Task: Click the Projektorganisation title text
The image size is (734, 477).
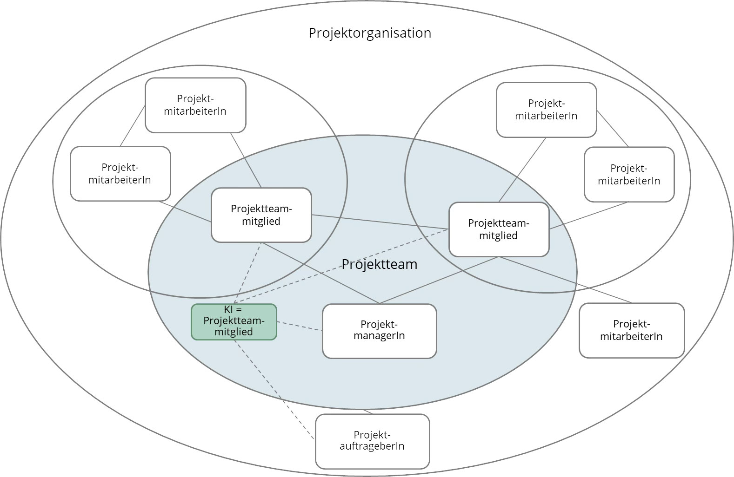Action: point(370,33)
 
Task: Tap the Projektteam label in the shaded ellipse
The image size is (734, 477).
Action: point(379,264)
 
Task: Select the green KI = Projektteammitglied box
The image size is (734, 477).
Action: point(234,322)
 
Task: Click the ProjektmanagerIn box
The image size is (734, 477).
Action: point(379,331)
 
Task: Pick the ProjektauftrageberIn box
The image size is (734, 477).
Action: point(372,441)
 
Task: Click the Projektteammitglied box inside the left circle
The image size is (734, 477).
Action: point(261,215)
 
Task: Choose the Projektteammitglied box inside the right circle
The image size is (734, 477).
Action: point(499,229)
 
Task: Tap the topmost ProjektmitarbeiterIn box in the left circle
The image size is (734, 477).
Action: point(195,105)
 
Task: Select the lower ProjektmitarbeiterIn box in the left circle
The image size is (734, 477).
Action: point(120,174)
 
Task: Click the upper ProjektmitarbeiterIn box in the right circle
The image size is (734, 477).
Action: point(546,110)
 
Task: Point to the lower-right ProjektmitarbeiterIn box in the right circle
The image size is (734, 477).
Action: point(629,175)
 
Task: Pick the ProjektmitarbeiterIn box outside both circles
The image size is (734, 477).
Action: point(631,330)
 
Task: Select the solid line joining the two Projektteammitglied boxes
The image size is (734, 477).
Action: point(380,222)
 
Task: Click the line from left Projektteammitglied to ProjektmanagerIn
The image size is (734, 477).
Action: point(321,273)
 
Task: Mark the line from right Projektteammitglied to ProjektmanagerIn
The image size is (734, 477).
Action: point(439,280)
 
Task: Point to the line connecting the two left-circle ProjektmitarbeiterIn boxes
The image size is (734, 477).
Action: point(133,126)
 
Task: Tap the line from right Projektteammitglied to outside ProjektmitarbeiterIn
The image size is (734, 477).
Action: point(565,280)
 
